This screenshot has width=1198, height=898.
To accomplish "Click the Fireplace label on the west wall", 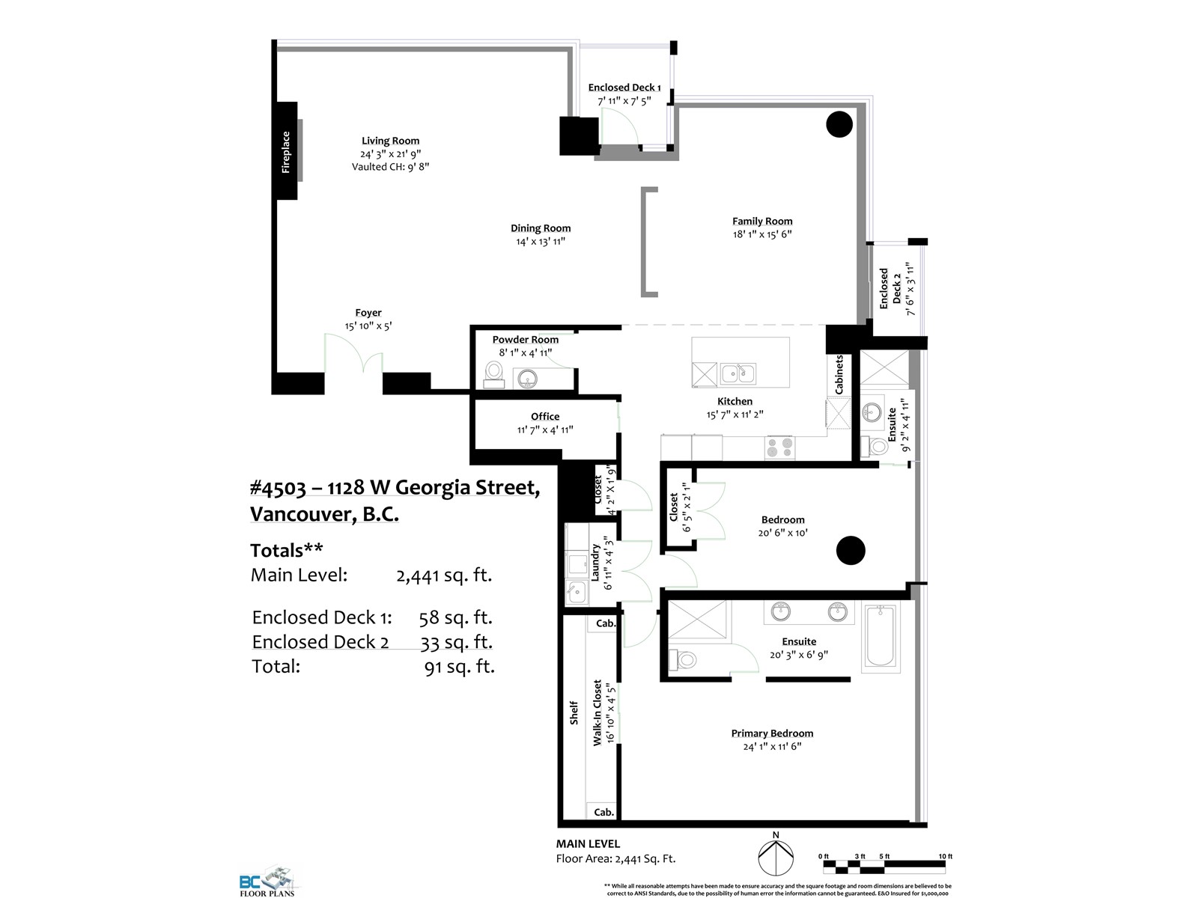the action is tap(285, 152).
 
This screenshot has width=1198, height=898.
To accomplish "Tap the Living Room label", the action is tap(390, 141).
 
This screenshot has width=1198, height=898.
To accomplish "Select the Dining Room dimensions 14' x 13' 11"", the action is tap(541, 242).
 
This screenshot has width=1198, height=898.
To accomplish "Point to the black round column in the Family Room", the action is tap(839, 124).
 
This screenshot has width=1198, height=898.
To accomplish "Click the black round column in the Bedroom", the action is tap(851, 550).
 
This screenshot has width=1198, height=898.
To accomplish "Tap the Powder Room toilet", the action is tap(494, 376).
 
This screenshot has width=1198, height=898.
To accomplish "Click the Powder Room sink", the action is tap(527, 379).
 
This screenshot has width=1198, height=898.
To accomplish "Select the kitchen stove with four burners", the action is tap(779, 448).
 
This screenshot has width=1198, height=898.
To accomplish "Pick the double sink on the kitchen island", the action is tap(738, 373).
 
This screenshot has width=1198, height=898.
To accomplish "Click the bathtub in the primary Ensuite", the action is tap(880, 636).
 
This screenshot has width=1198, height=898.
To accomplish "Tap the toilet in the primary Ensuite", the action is tap(682, 660).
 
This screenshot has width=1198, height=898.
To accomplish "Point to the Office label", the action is tap(544, 417).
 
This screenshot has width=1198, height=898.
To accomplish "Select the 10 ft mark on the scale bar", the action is tap(946, 857).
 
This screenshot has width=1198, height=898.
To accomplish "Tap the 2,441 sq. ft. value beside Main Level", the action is tap(444, 575).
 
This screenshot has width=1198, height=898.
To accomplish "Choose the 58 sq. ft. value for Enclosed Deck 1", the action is tap(455, 618).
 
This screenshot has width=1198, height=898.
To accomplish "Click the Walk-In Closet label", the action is tap(597, 712).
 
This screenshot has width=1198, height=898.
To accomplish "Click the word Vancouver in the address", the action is tap(302, 514).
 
